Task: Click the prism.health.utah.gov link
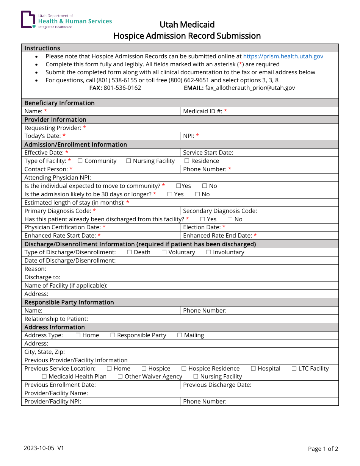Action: point(283,56)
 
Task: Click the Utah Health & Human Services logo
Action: point(66,20)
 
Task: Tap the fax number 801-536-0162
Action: point(122,88)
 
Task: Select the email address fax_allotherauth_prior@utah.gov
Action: point(250,88)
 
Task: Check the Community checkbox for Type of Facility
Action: point(80,161)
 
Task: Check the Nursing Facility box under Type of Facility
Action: point(128,161)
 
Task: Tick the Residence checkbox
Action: point(187,161)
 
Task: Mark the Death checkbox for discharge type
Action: point(130,252)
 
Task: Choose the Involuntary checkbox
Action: point(208,252)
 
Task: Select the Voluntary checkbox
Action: point(164,252)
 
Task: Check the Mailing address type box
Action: point(180,335)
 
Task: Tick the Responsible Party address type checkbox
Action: point(113,335)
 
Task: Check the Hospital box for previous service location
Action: point(253,369)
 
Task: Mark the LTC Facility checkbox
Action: point(294,369)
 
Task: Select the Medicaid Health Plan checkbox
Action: point(44,377)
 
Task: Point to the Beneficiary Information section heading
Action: point(59,103)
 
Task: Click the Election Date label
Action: point(202,227)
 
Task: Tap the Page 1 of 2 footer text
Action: point(323,449)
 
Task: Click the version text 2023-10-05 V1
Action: point(44,448)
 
